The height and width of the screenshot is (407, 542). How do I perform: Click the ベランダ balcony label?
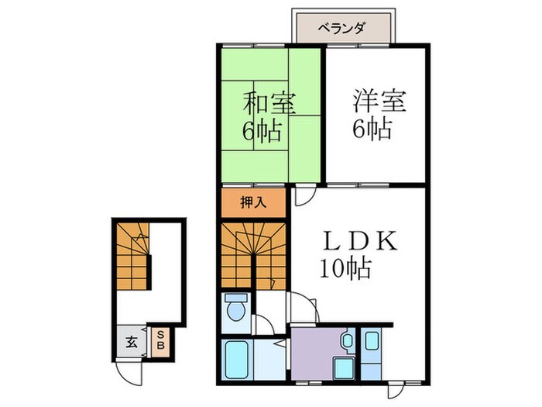tap(342, 29)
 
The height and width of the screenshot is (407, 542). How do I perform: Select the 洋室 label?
tap(380, 102)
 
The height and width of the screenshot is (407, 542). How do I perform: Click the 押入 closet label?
tap(252, 204)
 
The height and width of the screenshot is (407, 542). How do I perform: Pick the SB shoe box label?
tap(160, 340)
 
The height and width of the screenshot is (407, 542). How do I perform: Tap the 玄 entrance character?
tap(132, 341)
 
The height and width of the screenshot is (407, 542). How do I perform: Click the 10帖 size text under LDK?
tap(346, 269)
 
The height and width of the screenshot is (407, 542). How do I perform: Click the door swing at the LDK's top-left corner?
tap(303, 195)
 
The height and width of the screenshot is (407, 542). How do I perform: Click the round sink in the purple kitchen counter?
tap(346, 339)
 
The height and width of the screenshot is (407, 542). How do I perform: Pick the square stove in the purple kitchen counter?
tap(339, 367)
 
